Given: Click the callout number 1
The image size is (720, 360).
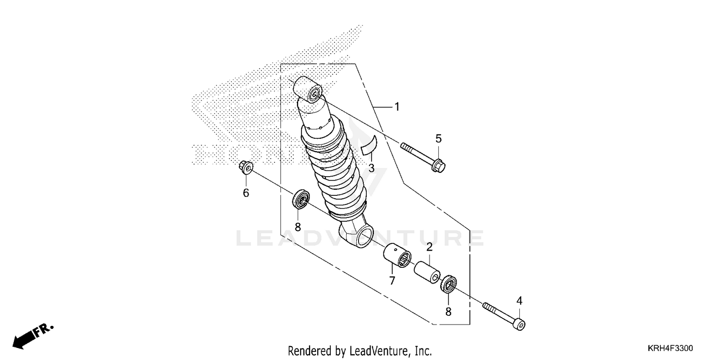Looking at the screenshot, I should pyautogui.click(x=397, y=107).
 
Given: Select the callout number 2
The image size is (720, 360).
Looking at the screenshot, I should pyautogui.click(x=429, y=247).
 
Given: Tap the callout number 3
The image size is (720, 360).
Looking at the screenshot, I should pyautogui.click(x=371, y=168).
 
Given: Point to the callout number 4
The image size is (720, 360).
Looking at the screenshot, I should pyautogui.click(x=519, y=301).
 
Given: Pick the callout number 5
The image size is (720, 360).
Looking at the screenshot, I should pyautogui.click(x=438, y=139).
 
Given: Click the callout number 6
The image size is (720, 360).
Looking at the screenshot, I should pyautogui.click(x=246, y=193).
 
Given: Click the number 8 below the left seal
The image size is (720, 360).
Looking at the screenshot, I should pyautogui.click(x=298, y=227).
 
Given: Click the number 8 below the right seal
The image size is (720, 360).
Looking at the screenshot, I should pyautogui.click(x=448, y=312).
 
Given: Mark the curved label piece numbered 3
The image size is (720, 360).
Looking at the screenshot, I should pyautogui.click(x=370, y=145).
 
